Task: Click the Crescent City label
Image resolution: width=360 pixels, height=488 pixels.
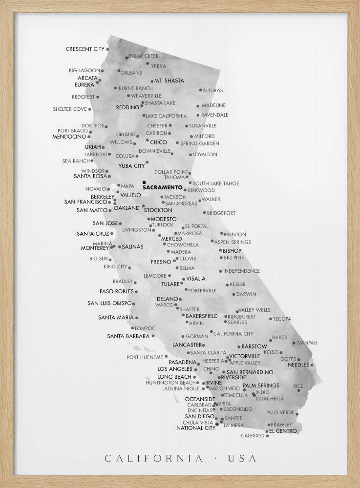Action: pyautogui.click(x=85, y=49)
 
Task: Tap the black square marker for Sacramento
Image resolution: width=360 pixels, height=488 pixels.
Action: pyautogui.click(x=144, y=182)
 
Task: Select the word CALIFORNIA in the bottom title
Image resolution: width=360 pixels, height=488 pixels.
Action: pyautogui.click(x=154, y=458)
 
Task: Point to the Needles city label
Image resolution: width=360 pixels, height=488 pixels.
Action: pyautogui.click(x=298, y=365)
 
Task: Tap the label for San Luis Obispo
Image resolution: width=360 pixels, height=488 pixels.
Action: pyautogui.click(x=109, y=303)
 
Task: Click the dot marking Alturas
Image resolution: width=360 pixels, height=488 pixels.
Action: pyautogui.click(x=200, y=90)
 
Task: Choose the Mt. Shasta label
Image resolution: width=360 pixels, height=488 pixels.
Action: pyautogui.click(x=169, y=81)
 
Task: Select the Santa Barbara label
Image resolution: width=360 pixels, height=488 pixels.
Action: pyautogui.click(x=128, y=336)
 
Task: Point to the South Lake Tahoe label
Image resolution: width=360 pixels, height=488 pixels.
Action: pyautogui.click(x=216, y=183)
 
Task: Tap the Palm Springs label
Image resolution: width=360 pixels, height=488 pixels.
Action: pyautogui.click(x=261, y=386)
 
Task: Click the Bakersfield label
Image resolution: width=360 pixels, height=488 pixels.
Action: pyautogui.click(x=202, y=316)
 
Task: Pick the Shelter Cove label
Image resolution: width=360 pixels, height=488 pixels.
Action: pyautogui.click(x=69, y=109)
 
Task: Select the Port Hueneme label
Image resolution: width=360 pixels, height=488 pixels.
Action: pyautogui.click(x=145, y=357)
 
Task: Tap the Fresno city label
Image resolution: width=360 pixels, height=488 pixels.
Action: pyautogui.click(x=161, y=262)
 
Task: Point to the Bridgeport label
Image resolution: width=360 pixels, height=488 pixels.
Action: pyautogui.click(x=221, y=213)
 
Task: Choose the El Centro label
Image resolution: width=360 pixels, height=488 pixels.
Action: pyautogui.click(x=283, y=431)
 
